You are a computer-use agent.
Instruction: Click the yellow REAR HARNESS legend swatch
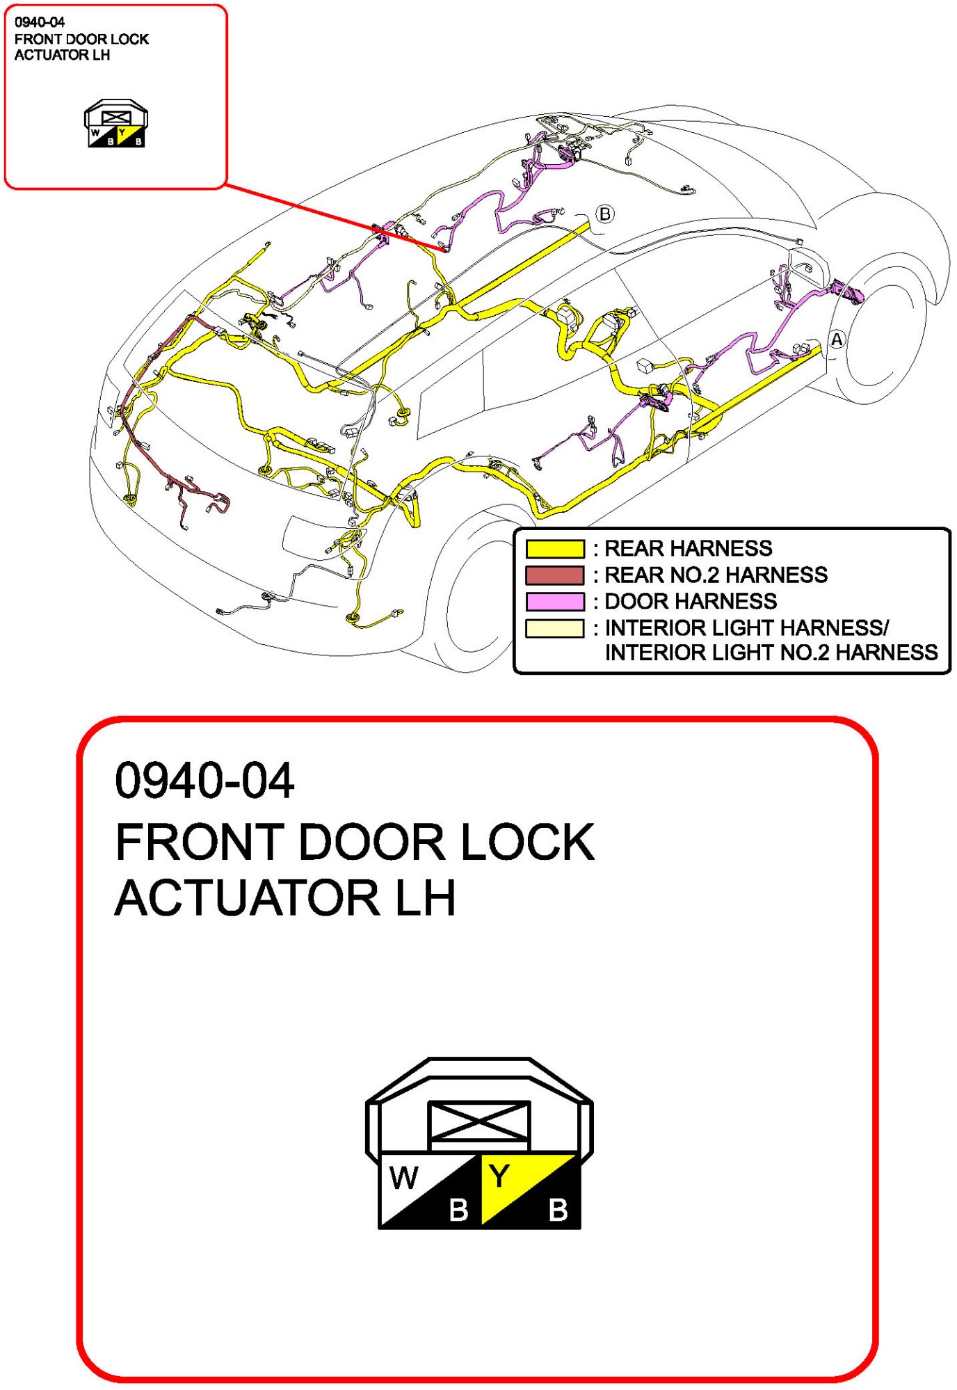click(554, 549)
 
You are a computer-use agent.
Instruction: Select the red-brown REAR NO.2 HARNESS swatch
click(554, 575)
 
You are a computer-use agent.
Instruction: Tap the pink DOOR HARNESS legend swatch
click(554, 602)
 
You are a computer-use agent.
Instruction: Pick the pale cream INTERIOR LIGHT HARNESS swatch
click(554, 628)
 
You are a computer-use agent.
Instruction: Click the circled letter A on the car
click(837, 339)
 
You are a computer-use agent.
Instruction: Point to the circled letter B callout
click(605, 214)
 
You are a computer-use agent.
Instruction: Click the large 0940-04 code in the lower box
click(204, 781)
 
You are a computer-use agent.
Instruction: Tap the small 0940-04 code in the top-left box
click(40, 22)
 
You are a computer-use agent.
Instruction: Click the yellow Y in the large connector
click(499, 1176)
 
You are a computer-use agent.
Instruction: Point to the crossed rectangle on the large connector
click(478, 1121)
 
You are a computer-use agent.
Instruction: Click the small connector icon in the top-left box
click(116, 123)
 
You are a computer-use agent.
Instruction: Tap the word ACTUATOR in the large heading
click(247, 898)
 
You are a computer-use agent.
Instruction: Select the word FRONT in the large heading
click(200, 842)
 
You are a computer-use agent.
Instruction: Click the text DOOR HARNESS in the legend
click(691, 602)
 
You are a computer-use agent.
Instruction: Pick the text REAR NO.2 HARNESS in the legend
click(716, 575)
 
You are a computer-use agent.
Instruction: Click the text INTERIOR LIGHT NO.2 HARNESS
click(771, 653)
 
